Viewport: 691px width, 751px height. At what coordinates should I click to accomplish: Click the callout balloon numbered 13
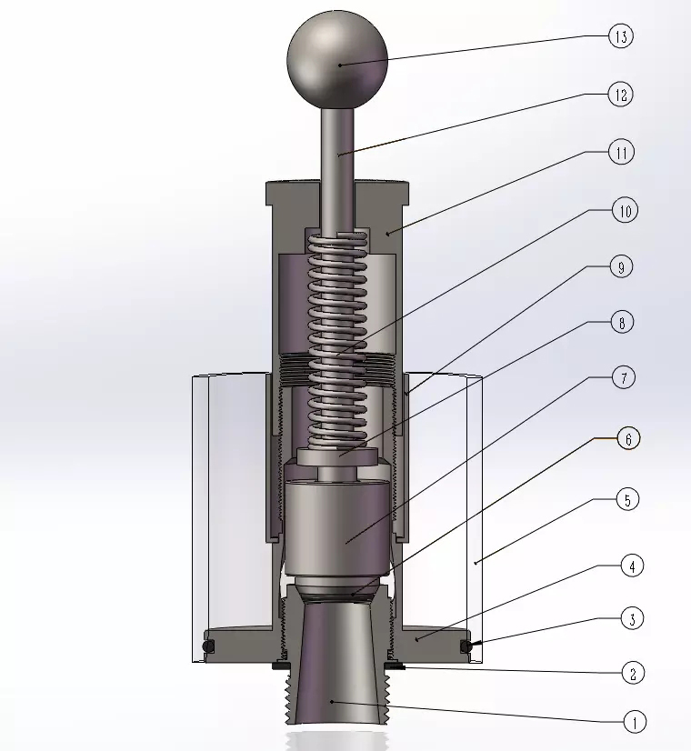pyautogui.click(x=621, y=36)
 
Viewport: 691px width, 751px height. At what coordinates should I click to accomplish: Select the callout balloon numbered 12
pyautogui.click(x=621, y=95)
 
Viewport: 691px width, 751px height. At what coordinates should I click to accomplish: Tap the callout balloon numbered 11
pyautogui.click(x=622, y=153)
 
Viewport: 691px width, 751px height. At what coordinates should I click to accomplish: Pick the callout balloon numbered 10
pyautogui.click(x=626, y=210)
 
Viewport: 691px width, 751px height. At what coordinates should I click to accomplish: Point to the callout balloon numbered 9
pyautogui.click(x=621, y=266)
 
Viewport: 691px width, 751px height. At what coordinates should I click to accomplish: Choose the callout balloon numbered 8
pyautogui.click(x=622, y=323)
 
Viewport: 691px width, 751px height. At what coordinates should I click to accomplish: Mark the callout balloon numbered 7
pyautogui.click(x=624, y=377)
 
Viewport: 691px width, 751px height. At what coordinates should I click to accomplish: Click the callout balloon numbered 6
pyautogui.click(x=628, y=439)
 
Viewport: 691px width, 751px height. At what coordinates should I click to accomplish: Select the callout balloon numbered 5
pyautogui.click(x=627, y=499)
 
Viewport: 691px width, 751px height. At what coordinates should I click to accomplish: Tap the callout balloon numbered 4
pyautogui.click(x=632, y=566)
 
